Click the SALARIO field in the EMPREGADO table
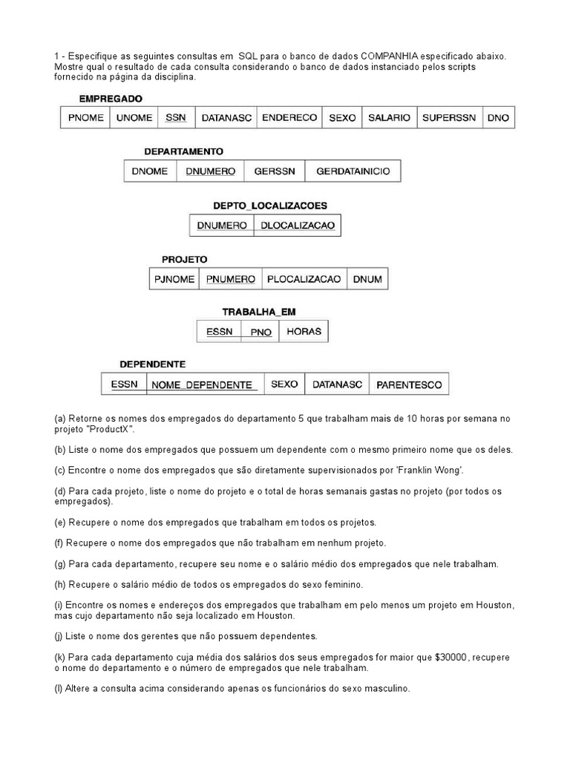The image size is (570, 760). [x=389, y=118]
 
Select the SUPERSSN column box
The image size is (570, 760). [x=449, y=118]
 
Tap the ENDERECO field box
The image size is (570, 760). [x=290, y=118]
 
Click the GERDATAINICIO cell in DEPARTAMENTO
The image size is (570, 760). [x=353, y=171]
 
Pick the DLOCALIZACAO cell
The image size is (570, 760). [x=297, y=225]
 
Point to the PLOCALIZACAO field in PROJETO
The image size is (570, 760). [x=304, y=279]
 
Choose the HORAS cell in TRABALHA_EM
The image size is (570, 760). [x=304, y=332]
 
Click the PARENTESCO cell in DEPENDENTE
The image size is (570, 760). [x=409, y=384]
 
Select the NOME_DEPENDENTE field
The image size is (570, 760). [x=203, y=384]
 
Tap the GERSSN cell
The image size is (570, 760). [x=275, y=171]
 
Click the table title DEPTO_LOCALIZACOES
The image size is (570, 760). [x=270, y=206]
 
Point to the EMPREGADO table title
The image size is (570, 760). [x=111, y=98]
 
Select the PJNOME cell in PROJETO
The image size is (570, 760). [x=174, y=279]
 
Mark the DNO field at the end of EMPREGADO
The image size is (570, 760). [x=498, y=118]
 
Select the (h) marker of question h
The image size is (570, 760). [x=60, y=585]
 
